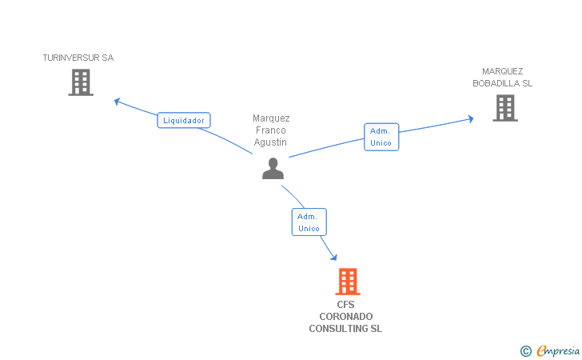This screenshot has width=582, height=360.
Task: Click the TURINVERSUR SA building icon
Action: click(x=81, y=82)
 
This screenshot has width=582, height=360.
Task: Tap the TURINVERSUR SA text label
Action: click(x=78, y=58)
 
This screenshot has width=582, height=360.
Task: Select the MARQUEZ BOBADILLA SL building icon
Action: click(x=504, y=108)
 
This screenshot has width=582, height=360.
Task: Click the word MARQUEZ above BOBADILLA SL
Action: click(x=502, y=70)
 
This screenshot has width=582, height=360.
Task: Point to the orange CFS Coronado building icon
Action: click(x=347, y=282)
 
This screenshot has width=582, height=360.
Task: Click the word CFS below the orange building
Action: click(x=345, y=305)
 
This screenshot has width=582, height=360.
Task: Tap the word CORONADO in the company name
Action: click(x=345, y=317)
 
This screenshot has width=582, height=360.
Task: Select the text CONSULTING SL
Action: click(x=345, y=329)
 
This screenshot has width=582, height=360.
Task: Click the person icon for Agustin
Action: click(x=273, y=168)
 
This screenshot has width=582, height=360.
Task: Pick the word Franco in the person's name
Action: click(x=271, y=130)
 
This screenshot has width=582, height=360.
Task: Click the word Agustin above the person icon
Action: click(x=271, y=142)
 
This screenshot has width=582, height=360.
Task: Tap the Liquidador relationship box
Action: click(x=184, y=121)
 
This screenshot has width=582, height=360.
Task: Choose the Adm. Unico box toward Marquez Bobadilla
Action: click(x=381, y=137)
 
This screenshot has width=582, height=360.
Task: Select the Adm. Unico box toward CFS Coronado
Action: click(x=309, y=222)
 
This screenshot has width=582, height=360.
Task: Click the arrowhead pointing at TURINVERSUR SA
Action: click(x=118, y=101)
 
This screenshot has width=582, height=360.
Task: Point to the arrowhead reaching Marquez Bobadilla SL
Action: click(x=470, y=119)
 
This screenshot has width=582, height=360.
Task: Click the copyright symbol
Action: click(x=525, y=350)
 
